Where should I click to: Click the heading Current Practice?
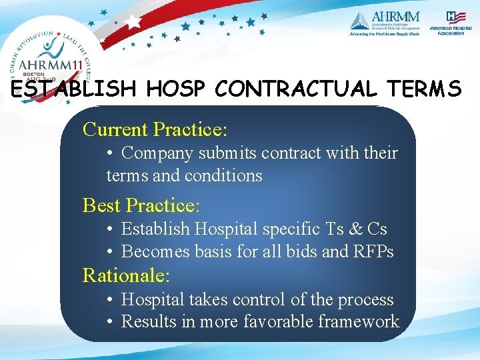(155, 128)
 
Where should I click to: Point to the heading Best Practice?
(141, 205)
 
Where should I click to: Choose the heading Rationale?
(126, 275)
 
